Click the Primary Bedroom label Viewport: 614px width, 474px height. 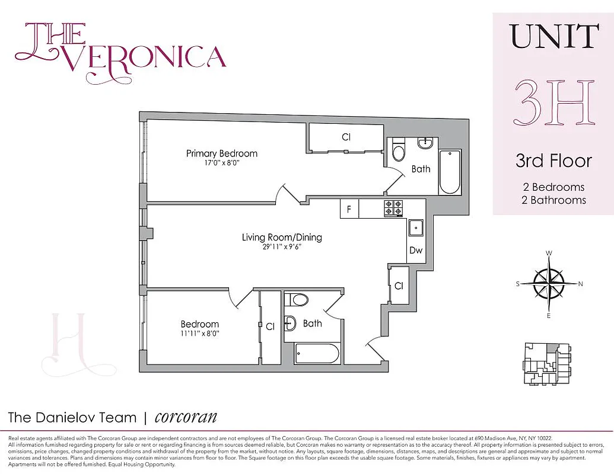(221, 153)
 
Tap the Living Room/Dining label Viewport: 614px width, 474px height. (282, 238)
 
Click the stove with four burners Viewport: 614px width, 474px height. (393, 208)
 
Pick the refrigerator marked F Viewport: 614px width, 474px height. (349, 209)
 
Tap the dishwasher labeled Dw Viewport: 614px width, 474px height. (416, 251)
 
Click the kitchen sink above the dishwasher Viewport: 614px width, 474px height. (416, 227)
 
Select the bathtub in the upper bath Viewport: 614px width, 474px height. (449, 172)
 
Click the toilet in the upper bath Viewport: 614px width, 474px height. (399, 152)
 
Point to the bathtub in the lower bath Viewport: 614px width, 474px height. (317, 354)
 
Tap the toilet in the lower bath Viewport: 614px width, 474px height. (298, 300)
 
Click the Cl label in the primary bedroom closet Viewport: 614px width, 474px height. (346, 137)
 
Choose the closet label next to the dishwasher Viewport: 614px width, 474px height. (399, 286)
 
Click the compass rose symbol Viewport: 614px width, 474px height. (549, 284)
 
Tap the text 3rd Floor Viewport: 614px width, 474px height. (553, 161)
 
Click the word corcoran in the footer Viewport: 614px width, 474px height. (186, 417)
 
